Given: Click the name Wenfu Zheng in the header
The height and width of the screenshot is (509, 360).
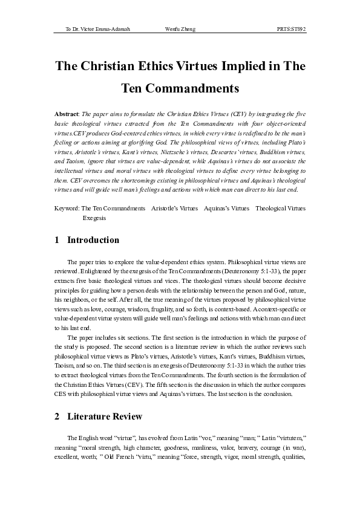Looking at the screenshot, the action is tap(180, 29).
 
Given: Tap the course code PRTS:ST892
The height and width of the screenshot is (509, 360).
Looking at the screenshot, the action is tap(291, 29).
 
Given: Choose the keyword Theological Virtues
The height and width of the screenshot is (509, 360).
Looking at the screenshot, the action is tap(280, 208).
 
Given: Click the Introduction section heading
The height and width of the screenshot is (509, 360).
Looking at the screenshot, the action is tap(93, 240).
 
